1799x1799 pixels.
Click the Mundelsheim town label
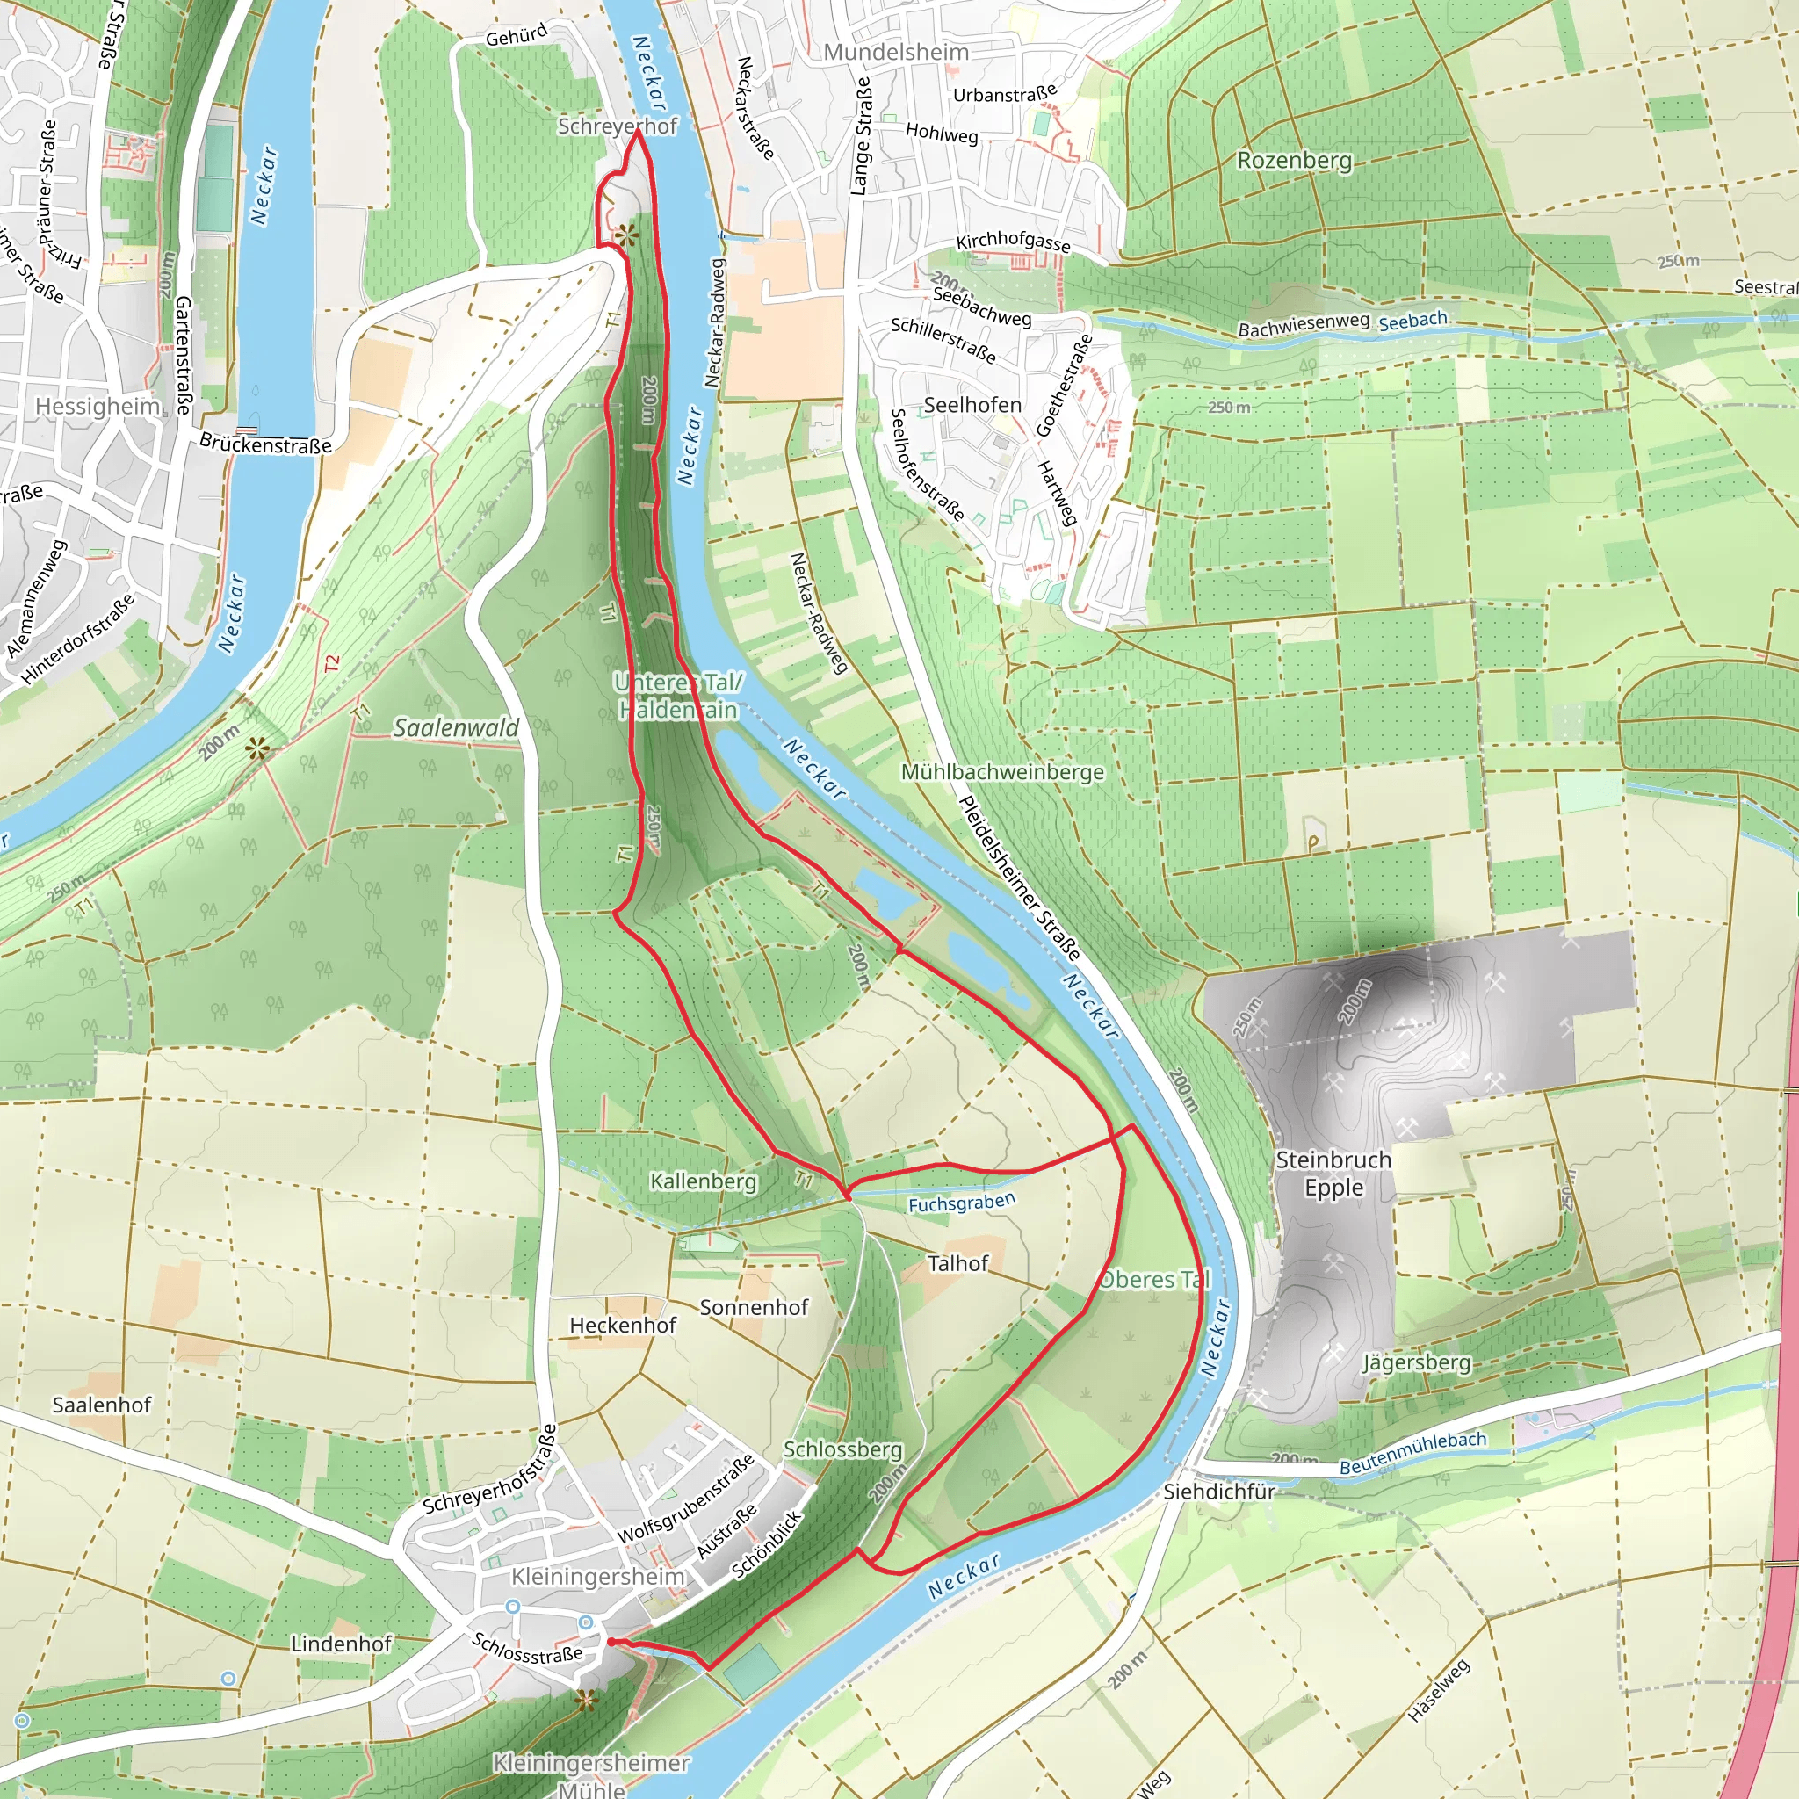[x=896, y=52]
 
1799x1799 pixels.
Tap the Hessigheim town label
[x=98, y=406]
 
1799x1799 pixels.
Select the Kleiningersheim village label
[x=598, y=1577]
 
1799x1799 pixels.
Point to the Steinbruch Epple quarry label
[x=1333, y=1174]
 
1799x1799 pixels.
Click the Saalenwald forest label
[x=455, y=727]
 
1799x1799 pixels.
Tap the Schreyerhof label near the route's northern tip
[x=618, y=126]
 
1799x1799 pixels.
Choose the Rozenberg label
[x=1293, y=160]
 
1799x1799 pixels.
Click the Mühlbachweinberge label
[x=1002, y=772]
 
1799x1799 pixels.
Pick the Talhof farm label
[x=957, y=1263]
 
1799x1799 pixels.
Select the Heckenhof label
[x=622, y=1325]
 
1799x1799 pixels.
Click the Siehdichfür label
[x=1218, y=1492]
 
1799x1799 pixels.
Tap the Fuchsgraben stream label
[x=961, y=1203]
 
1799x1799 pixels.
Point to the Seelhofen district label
[x=972, y=405]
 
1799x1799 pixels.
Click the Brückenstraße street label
[x=265, y=444]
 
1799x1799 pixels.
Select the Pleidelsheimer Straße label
[x=1020, y=878]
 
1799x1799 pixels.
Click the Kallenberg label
[x=703, y=1181]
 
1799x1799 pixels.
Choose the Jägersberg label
[x=1415, y=1363]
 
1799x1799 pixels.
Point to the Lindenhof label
[x=341, y=1644]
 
